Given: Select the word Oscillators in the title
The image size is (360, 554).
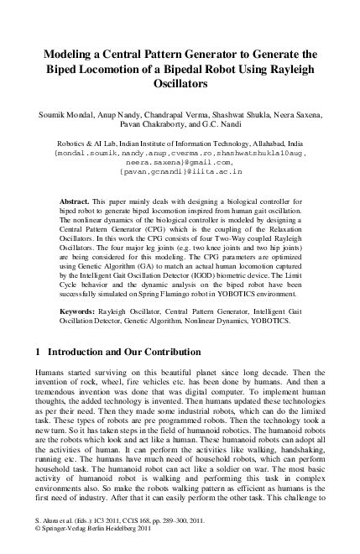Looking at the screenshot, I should [180, 84].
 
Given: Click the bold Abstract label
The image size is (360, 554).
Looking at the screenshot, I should [76, 203].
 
